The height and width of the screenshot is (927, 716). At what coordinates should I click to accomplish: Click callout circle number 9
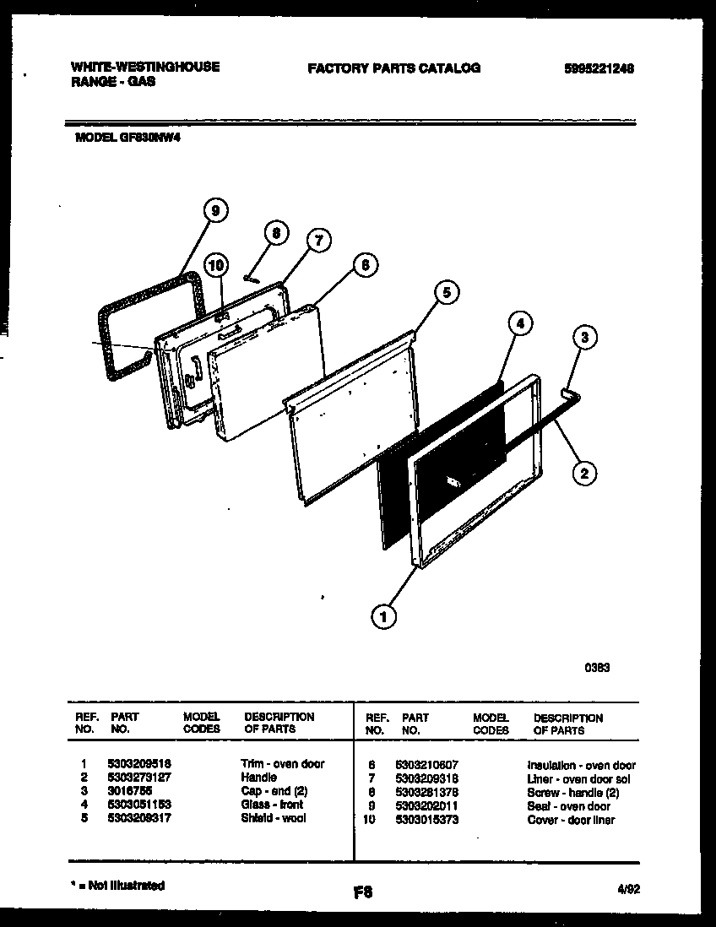click(x=216, y=212)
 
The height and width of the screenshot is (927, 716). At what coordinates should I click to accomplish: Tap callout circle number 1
click(x=383, y=617)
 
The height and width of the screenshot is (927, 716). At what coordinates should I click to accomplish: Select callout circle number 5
click(x=447, y=292)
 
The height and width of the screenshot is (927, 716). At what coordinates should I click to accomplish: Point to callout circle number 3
click(x=583, y=338)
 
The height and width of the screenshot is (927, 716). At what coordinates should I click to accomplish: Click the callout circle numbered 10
click(x=216, y=265)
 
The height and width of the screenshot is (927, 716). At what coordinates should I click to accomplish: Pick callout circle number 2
click(x=583, y=473)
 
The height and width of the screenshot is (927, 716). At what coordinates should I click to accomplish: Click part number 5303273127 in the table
click(x=139, y=778)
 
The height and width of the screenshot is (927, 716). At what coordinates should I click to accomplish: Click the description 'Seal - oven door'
click(x=568, y=806)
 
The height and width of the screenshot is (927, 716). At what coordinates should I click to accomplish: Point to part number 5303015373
click(x=426, y=820)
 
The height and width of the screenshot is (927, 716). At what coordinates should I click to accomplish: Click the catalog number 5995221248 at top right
click(x=598, y=68)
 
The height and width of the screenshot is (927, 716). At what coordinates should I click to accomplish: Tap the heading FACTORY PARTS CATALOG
click(x=393, y=68)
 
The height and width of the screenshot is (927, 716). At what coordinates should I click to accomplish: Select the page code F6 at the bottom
click(x=364, y=892)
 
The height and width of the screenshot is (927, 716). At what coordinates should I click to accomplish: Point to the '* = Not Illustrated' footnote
click(x=116, y=886)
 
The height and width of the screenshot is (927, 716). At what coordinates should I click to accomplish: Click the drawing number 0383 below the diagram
click(x=598, y=667)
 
